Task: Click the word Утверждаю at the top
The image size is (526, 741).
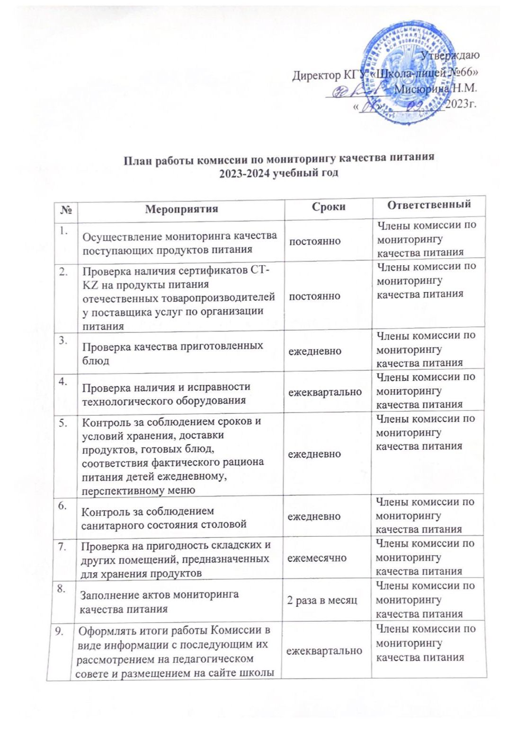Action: pyautogui.click(x=450, y=55)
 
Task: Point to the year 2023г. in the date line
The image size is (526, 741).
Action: pyautogui.click(x=461, y=104)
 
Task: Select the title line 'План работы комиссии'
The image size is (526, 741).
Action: pyautogui.click(x=279, y=158)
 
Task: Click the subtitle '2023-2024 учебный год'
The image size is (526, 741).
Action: pyautogui.click(x=279, y=173)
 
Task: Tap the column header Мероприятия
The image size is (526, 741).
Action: pyautogui.click(x=181, y=209)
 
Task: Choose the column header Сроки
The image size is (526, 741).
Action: pyautogui.click(x=329, y=207)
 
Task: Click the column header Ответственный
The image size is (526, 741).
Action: pyautogui.click(x=429, y=205)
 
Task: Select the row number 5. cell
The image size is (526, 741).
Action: pyautogui.click(x=63, y=422)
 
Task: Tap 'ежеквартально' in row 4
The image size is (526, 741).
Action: pyautogui.click(x=325, y=392)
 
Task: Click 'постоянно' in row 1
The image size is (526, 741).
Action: pyautogui.click(x=315, y=241)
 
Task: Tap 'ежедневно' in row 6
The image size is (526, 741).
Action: pyautogui.click(x=314, y=516)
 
